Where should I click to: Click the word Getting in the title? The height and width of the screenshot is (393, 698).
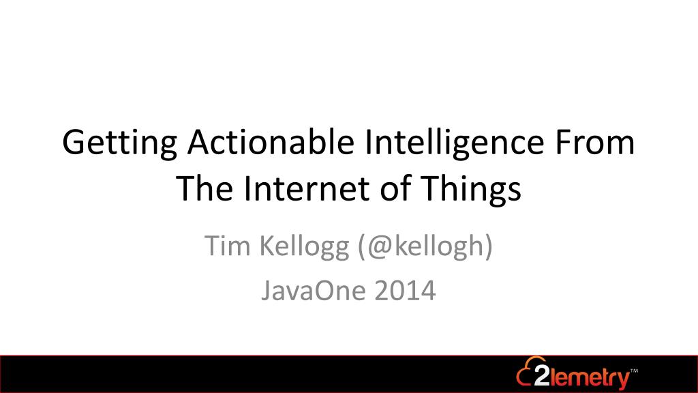(120, 144)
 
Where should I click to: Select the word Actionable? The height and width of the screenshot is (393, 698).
(271, 142)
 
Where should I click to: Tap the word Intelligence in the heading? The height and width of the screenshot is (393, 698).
(455, 144)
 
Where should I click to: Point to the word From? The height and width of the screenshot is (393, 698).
(594, 142)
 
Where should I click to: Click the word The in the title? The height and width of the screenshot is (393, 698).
(204, 188)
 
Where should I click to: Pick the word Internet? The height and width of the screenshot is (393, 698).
(306, 188)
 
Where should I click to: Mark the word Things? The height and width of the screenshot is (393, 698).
(470, 190)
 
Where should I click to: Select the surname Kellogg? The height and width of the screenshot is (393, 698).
(305, 248)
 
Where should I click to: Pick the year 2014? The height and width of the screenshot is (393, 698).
(405, 291)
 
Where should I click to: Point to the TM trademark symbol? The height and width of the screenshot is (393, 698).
(635, 370)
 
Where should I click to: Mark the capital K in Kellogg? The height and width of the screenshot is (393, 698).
(267, 246)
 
